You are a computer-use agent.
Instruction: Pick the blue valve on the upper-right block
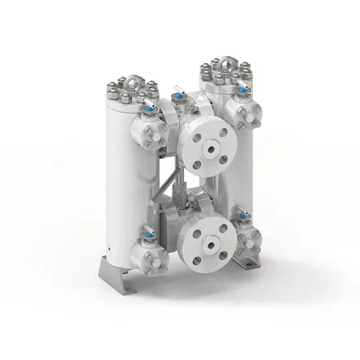point(239,92)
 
